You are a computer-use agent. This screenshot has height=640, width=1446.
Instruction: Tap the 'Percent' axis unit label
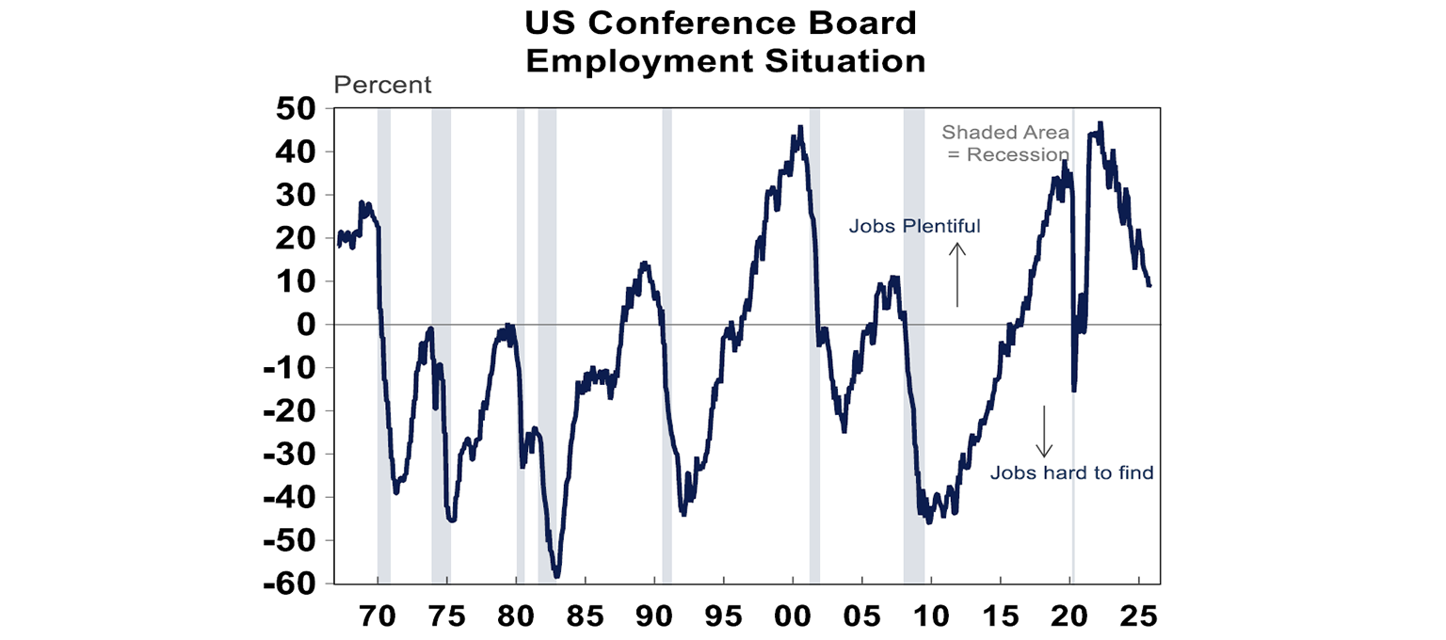[x=382, y=85]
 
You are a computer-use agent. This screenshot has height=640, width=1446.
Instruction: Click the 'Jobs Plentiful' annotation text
[x=914, y=226]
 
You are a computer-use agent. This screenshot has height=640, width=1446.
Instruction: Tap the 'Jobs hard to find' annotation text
[x=1071, y=472]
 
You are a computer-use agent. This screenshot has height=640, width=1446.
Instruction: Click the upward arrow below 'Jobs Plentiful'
[x=957, y=274]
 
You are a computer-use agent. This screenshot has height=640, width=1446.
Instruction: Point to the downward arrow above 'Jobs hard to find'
[x=1044, y=431]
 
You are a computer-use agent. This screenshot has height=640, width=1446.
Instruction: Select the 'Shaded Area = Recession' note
[x=1005, y=143]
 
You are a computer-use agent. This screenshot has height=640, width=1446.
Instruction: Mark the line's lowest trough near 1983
[x=556, y=575]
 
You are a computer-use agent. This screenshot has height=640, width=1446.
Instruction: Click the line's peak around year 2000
[x=800, y=128]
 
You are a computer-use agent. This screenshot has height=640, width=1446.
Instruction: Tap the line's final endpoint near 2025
[x=1149, y=284]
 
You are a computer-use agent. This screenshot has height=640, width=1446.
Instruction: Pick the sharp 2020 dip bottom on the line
[x=1073, y=389]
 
